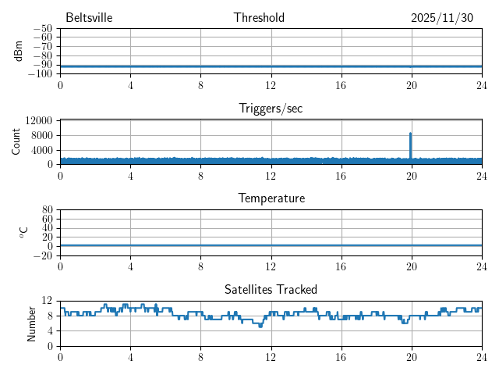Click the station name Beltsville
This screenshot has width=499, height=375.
90,18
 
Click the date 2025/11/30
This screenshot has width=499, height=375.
441,18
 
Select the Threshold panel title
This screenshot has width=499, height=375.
259,18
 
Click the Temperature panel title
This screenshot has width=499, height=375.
271,198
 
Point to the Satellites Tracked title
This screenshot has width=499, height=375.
271,289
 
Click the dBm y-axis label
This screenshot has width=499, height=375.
18,51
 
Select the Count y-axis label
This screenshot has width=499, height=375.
16,141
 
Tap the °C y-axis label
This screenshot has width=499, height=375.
23,232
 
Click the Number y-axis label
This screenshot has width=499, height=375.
32,323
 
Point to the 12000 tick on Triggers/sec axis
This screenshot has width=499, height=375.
38,121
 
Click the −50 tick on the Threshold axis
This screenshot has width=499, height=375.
42,29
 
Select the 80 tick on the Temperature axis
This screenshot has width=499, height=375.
47,210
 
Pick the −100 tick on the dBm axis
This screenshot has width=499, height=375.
40,74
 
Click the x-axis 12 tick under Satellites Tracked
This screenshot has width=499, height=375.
271,356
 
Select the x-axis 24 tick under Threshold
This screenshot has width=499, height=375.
481,84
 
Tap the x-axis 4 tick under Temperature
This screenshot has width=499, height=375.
130,266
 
